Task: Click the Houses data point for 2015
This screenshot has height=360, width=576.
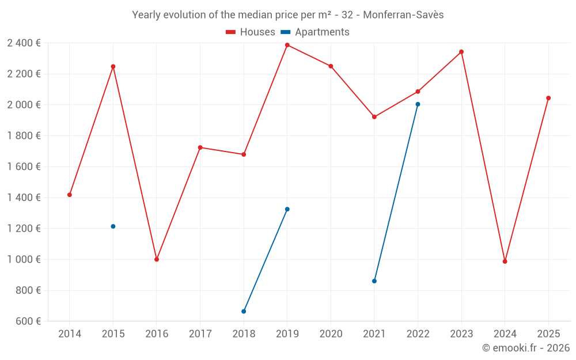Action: tap(113, 66)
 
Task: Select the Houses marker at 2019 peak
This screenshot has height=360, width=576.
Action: tap(287, 45)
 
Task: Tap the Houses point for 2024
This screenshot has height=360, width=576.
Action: tap(505, 262)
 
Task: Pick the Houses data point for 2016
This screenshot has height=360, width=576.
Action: tap(157, 259)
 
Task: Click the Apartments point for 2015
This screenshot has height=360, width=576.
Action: tap(113, 226)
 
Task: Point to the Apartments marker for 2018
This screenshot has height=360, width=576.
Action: tap(244, 312)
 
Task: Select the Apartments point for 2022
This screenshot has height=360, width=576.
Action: tap(418, 104)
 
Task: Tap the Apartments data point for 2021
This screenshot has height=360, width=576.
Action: tap(374, 281)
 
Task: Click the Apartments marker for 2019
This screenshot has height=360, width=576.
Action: tap(287, 209)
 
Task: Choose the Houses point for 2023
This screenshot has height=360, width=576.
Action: tap(461, 52)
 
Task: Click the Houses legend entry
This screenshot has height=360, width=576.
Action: tap(251, 32)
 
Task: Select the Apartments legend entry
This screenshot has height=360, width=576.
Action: tap(315, 32)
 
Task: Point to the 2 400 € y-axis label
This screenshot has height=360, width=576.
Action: tap(24, 43)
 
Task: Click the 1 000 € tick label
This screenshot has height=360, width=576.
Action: tap(24, 259)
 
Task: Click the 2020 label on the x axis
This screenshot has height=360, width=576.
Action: tap(331, 334)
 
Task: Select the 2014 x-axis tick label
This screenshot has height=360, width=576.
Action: tap(70, 334)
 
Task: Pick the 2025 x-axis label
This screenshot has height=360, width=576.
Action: tap(548, 334)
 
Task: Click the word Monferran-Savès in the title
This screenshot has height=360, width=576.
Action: tap(408, 15)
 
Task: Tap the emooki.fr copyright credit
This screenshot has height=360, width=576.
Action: tap(526, 348)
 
